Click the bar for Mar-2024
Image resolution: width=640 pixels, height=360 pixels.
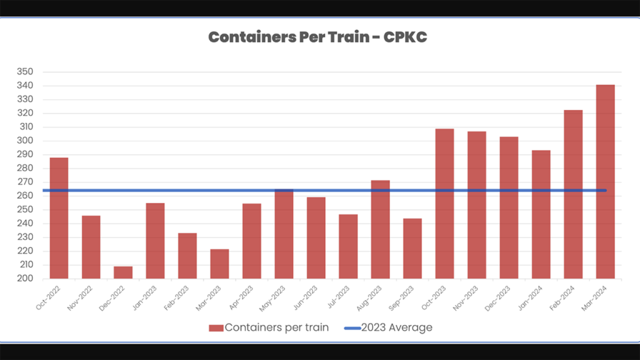(605, 181)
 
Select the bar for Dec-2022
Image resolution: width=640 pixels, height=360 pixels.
(123, 272)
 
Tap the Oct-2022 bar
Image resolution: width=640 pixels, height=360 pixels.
(59, 218)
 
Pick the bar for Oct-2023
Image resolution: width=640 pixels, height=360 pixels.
(444, 204)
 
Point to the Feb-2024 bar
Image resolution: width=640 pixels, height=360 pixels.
(573, 194)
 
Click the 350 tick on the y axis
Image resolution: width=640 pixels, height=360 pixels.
(25, 72)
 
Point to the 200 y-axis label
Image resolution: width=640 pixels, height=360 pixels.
(25, 279)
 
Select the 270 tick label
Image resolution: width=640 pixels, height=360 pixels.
(25, 182)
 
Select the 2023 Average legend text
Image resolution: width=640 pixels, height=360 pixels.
(396, 327)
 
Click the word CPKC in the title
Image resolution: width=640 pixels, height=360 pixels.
(405, 37)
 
